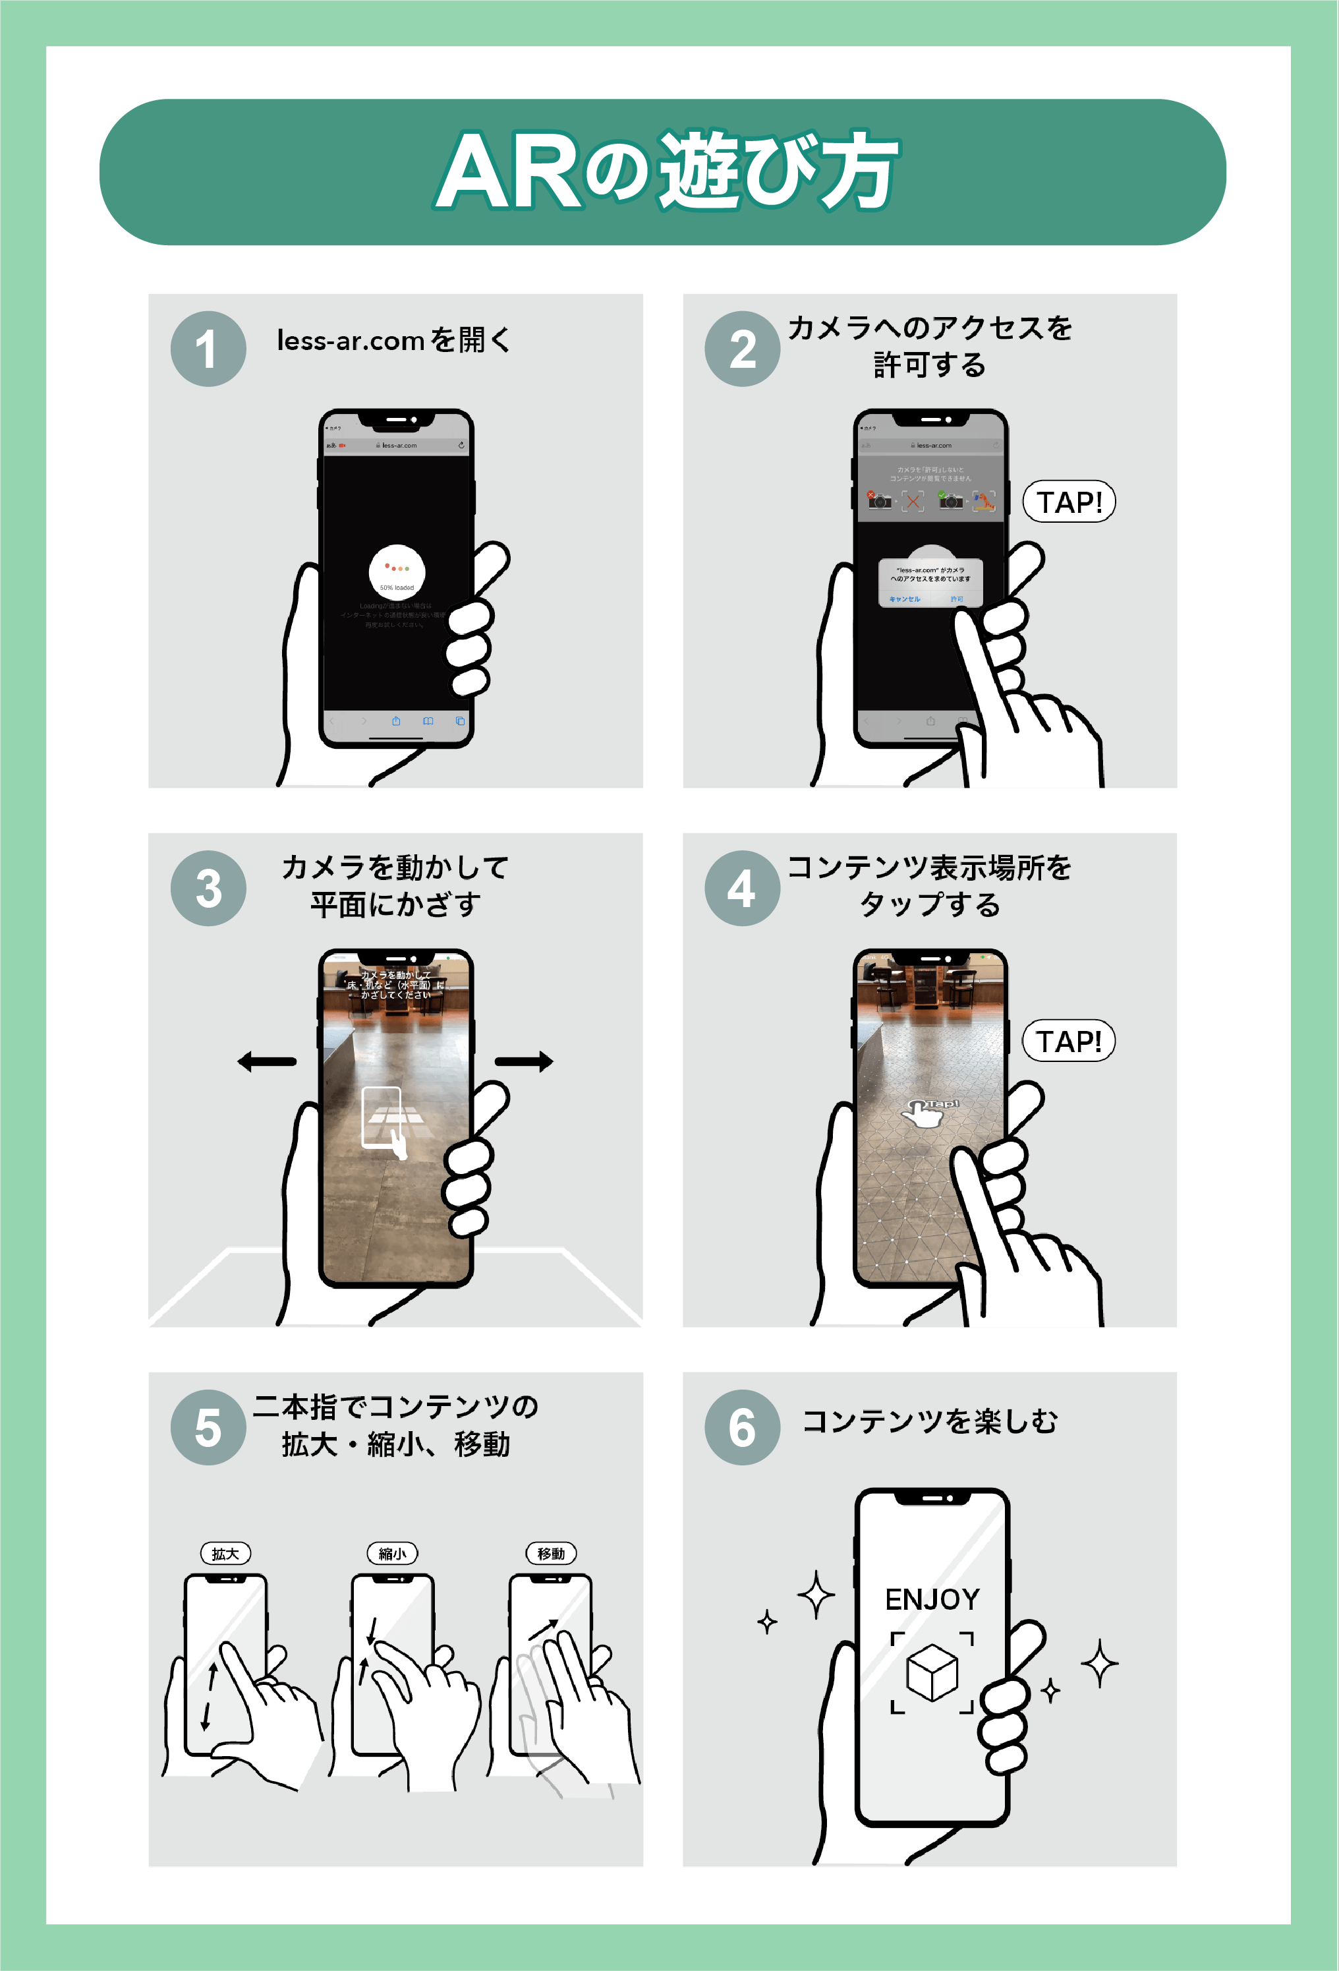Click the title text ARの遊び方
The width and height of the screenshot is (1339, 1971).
pos(668,172)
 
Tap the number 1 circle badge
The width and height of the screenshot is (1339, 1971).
pos(208,349)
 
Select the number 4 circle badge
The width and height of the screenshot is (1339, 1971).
pos(742,888)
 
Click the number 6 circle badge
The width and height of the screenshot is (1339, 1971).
pos(742,1427)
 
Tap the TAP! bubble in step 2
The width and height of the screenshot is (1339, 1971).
pos(1068,502)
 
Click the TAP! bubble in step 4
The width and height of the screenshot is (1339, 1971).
pos(1068,1042)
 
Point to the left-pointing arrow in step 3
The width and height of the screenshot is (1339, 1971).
pos(266,1061)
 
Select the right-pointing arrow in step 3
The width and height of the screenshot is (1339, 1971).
pos(524,1061)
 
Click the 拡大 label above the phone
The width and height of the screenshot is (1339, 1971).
pos(225,1554)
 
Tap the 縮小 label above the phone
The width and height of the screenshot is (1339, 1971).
pos(392,1554)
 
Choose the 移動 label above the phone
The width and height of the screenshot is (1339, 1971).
pos(551,1554)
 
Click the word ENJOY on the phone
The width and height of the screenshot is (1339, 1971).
pos(932,1599)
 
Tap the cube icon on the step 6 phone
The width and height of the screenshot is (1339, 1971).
pos(932,1672)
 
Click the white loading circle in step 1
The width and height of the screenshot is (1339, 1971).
pos(397,572)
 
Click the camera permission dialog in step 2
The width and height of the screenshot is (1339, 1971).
pos(930,582)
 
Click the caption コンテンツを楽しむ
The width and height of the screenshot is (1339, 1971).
pos(930,1421)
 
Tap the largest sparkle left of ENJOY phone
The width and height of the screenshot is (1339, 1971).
pos(816,1595)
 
